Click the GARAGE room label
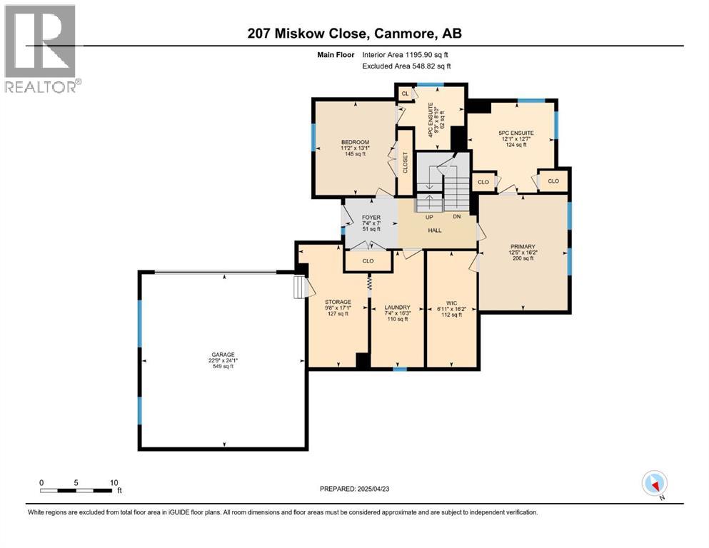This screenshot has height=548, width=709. (222, 355)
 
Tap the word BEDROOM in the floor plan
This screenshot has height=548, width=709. (355, 143)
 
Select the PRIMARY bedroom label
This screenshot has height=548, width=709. (522, 246)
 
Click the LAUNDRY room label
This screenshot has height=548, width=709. (396, 307)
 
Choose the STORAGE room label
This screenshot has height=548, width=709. (338, 302)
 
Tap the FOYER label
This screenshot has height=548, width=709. (371, 217)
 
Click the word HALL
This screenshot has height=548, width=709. (435, 230)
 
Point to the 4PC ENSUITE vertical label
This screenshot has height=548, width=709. (431, 116)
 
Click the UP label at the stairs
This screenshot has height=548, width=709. (429, 216)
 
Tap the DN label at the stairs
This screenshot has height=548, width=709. (456, 216)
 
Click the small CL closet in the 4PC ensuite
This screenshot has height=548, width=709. (405, 93)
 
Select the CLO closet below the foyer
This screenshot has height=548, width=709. (368, 261)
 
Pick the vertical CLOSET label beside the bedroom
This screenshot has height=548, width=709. (405, 163)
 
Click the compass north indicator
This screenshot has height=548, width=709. (654, 484)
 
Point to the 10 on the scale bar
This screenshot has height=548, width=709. (114, 482)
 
